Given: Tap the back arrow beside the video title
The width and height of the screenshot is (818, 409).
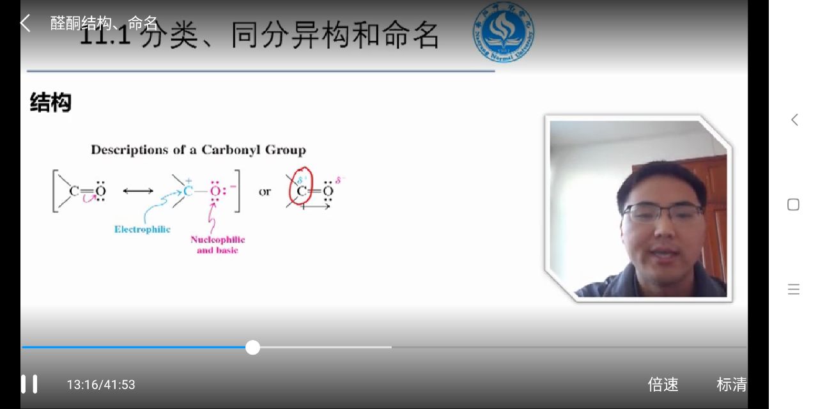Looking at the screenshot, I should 25,23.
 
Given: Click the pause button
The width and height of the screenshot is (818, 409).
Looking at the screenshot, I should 29,384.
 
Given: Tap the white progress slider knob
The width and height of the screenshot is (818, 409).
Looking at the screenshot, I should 253,348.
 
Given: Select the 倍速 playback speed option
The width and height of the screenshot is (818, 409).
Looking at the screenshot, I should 663,385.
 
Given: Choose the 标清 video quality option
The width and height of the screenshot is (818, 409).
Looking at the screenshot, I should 732,385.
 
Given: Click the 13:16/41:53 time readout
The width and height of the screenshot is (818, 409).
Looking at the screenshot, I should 101,385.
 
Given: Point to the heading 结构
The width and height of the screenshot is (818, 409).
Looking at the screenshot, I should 50,103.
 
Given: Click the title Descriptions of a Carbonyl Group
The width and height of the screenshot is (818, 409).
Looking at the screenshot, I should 198,150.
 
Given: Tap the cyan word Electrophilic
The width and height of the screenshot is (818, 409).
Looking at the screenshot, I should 143,229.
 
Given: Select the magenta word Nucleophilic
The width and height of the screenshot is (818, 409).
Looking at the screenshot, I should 217,240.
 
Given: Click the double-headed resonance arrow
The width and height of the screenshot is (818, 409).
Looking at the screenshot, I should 138,191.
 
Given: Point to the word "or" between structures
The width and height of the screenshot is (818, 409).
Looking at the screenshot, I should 265,192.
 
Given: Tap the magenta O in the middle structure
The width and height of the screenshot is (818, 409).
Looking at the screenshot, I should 215,191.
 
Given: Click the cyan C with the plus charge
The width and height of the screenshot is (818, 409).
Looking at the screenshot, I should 188,191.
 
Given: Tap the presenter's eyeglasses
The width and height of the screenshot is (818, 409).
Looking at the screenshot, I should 661,212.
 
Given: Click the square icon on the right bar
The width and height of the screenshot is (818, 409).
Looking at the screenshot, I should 793,204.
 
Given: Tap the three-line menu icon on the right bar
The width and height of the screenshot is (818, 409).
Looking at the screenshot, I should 793,289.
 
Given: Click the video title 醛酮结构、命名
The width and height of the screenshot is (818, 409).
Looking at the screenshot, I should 104,24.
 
